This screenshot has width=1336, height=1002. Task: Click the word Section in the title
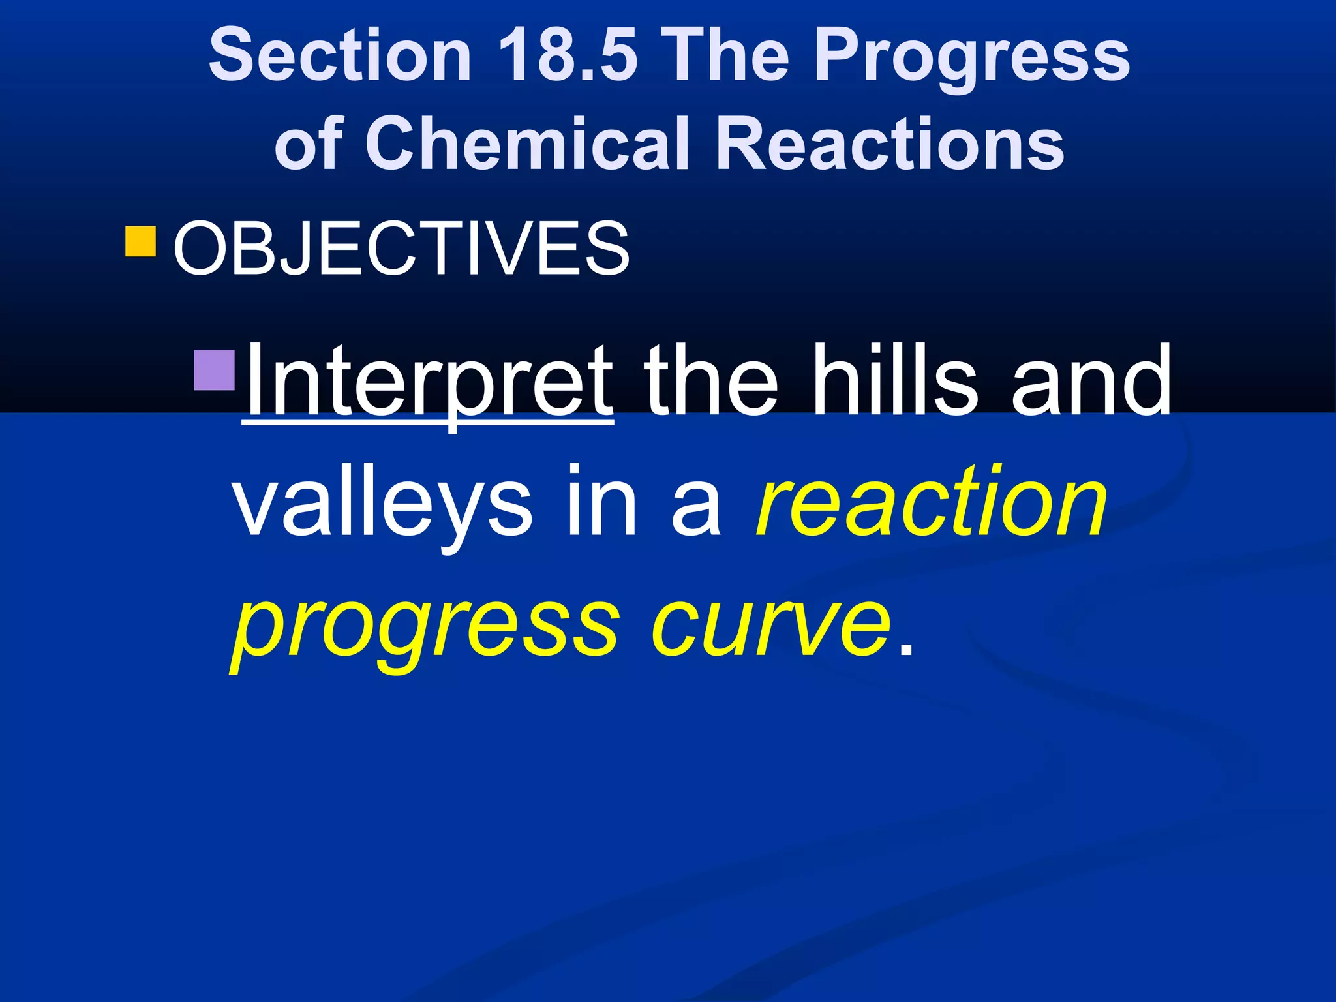pos(340,57)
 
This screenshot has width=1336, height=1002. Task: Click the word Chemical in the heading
pos(526,144)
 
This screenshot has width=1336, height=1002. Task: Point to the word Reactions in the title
pos(890,144)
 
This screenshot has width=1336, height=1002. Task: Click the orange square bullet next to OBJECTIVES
pos(140,241)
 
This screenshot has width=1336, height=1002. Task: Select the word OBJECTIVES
pos(402,249)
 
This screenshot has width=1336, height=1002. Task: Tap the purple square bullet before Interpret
pos(215,370)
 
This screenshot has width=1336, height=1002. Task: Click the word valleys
pos(382,502)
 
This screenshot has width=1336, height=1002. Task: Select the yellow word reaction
pos(932,502)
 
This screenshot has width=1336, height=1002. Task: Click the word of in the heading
pos(309,144)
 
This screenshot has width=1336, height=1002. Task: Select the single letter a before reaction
pos(697,509)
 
